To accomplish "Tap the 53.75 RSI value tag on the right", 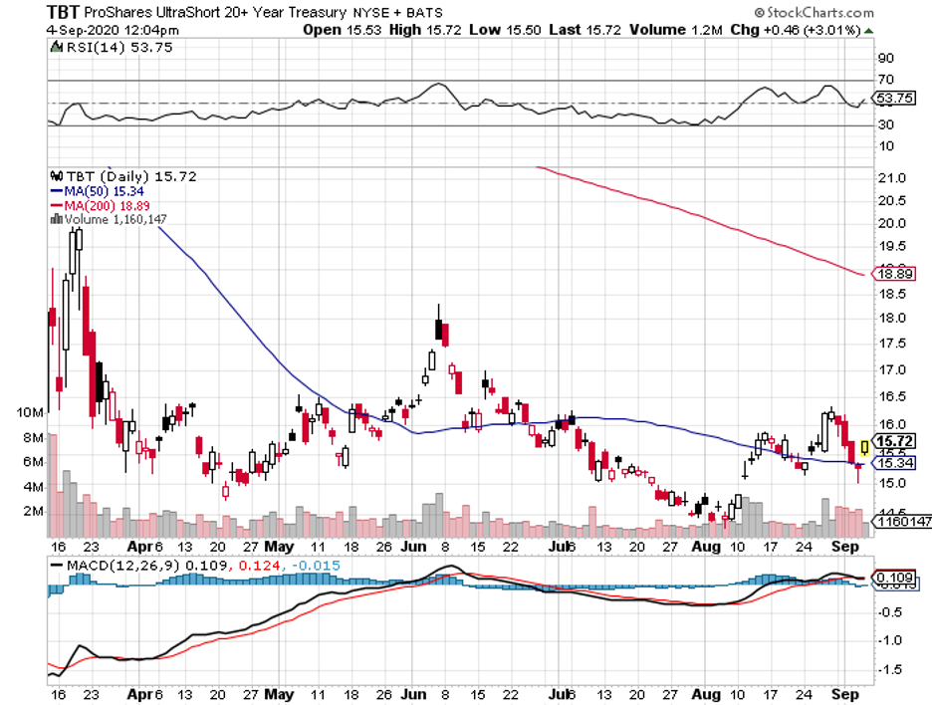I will (889, 99).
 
